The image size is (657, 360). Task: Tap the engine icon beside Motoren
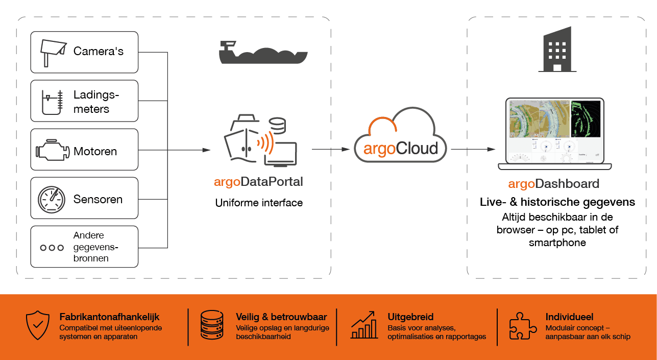coord(53,150)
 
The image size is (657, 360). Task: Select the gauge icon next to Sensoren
coord(52,200)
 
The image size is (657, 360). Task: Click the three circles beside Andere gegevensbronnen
coord(52,248)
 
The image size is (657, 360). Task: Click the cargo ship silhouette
coord(263,53)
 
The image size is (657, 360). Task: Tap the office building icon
coord(557,50)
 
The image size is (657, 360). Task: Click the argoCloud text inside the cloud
coord(401,149)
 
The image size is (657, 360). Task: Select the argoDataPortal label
coord(258,182)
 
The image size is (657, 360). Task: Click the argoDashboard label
coord(554,184)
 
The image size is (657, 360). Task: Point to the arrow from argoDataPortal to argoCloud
coord(331,149)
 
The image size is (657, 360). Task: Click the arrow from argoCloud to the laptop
coord(473,149)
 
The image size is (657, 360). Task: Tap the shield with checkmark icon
coord(38,325)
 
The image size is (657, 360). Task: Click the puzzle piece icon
coord(523,326)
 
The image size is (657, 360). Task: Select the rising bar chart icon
coord(364,325)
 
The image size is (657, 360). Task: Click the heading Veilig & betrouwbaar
coord(281,317)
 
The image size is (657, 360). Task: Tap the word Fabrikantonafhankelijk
coord(109,317)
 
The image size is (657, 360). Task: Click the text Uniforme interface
coord(259,203)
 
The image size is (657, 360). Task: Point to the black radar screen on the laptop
coord(586,119)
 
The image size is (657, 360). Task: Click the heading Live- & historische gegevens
coord(557,202)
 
